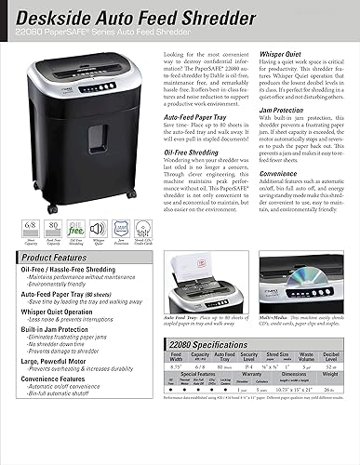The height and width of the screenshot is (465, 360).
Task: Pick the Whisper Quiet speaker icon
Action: click(88, 225)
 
